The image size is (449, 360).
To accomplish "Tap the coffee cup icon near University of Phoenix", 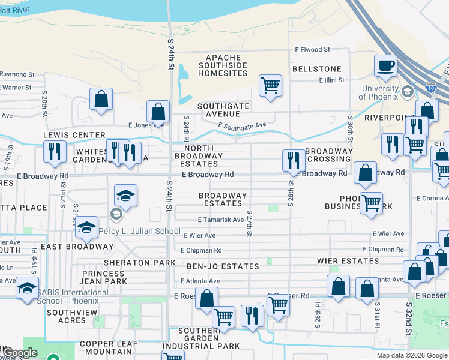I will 385,66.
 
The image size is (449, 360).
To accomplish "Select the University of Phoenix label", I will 379,93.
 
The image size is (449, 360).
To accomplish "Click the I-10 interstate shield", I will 430,87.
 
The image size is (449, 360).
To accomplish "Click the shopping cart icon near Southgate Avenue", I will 271,85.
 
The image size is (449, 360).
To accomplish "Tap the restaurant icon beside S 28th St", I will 292,159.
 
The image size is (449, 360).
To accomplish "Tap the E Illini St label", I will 331,80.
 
